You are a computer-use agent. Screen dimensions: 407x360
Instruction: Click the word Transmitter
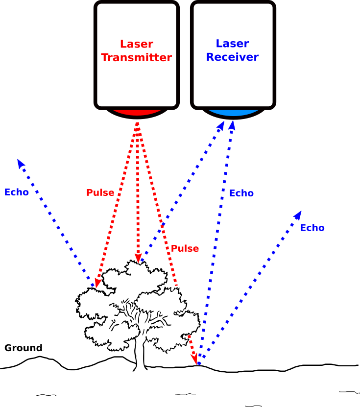[136, 58]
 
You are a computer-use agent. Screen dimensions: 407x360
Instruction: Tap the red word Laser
[136, 44]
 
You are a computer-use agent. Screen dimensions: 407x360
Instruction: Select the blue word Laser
[232, 44]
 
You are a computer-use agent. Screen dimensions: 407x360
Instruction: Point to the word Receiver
[232, 57]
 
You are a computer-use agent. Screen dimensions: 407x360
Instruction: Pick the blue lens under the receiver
[233, 112]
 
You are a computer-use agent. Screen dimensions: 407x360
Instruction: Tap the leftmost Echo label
[16, 192]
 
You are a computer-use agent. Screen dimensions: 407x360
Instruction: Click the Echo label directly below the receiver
[241, 193]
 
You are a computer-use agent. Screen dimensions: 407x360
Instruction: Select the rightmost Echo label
[312, 228]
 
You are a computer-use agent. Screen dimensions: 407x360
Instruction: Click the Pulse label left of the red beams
[100, 192]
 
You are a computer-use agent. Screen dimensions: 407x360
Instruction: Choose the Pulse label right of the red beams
[185, 248]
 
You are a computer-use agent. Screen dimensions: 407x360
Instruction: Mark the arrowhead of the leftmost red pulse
[97, 283]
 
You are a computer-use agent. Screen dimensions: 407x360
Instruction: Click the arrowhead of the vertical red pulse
[138, 258]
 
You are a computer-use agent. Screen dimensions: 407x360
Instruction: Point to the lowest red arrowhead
[194, 359]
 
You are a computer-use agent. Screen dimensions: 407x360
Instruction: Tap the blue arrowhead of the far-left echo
[20, 163]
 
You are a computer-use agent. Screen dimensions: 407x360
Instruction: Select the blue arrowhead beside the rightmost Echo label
[297, 215]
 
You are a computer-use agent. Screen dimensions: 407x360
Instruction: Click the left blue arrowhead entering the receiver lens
[221, 126]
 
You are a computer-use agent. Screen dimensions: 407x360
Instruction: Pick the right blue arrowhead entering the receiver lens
[232, 125]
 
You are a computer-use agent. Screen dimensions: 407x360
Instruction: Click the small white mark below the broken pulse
[175, 312]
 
